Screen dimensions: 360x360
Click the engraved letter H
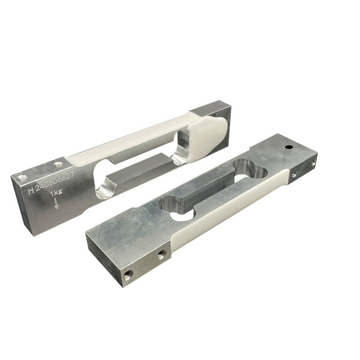click(x=31, y=190)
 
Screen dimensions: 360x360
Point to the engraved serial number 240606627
click(x=55, y=181)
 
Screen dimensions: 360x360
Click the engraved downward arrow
click(x=57, y=204)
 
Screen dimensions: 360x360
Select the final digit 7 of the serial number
click(x=72, y=175)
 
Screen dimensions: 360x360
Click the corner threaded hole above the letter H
click(x=22, y=177)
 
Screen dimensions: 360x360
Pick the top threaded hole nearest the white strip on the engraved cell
click(x=58, y=165)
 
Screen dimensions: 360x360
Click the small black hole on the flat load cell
click(x=288, y=147)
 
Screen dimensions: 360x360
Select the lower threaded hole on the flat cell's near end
click(x=128, y=274)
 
